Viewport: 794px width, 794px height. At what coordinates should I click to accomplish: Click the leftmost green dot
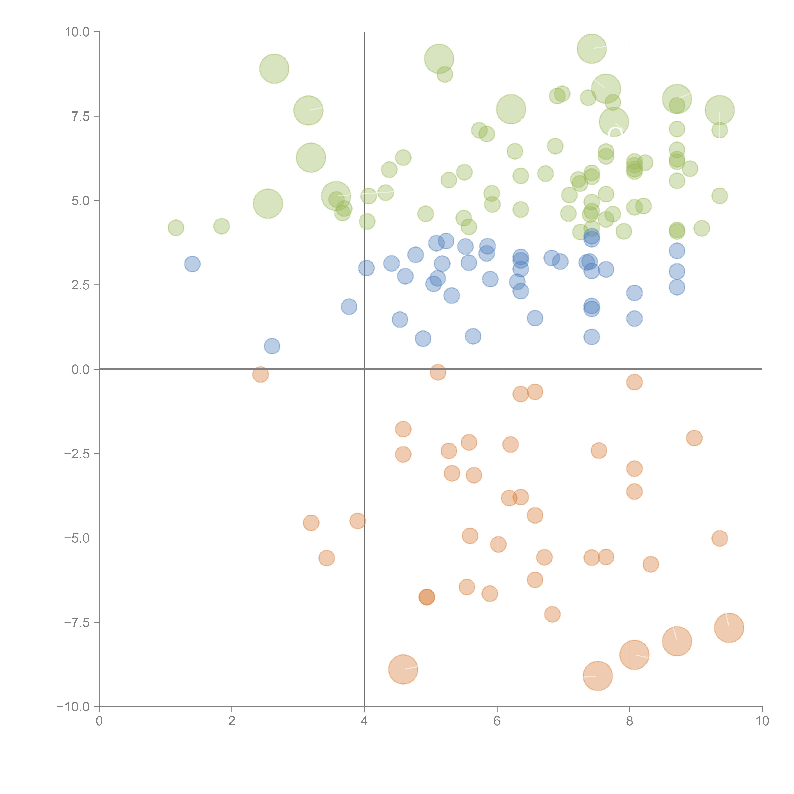(x=176, y=228)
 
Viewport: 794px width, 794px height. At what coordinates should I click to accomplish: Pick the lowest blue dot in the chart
(x=272, y=346)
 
